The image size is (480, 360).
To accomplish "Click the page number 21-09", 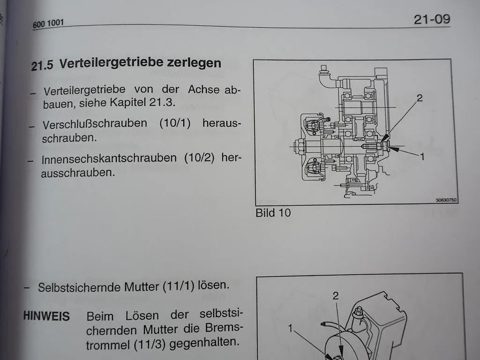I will [431, 19].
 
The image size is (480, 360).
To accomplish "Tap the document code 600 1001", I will [48, 23].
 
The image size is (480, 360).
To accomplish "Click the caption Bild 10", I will [273, 213].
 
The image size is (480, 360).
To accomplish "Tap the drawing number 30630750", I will [446, 200].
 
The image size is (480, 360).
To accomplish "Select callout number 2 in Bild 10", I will [420, 98].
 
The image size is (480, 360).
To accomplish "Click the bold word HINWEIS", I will [46, 316].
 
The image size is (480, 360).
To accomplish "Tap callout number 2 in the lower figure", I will [335, 296].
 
